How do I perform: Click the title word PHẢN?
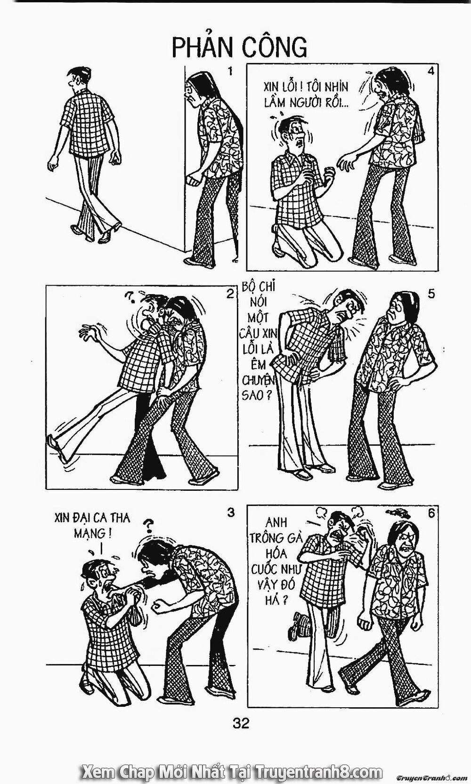pyautogui.click(x=203, y=48)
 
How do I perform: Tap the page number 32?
pyautogui.click(x=240, y=736)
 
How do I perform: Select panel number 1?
pyautogui.click(x=230, y=72)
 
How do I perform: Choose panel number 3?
pyautogui.click(x=230, y=513)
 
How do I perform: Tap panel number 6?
pyautogui.click(x=430, y=513)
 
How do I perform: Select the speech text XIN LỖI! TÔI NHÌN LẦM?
pyautogui.click(x=306, y=94)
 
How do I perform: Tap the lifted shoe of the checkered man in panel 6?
pyautogui.click(x=298, y=623)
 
